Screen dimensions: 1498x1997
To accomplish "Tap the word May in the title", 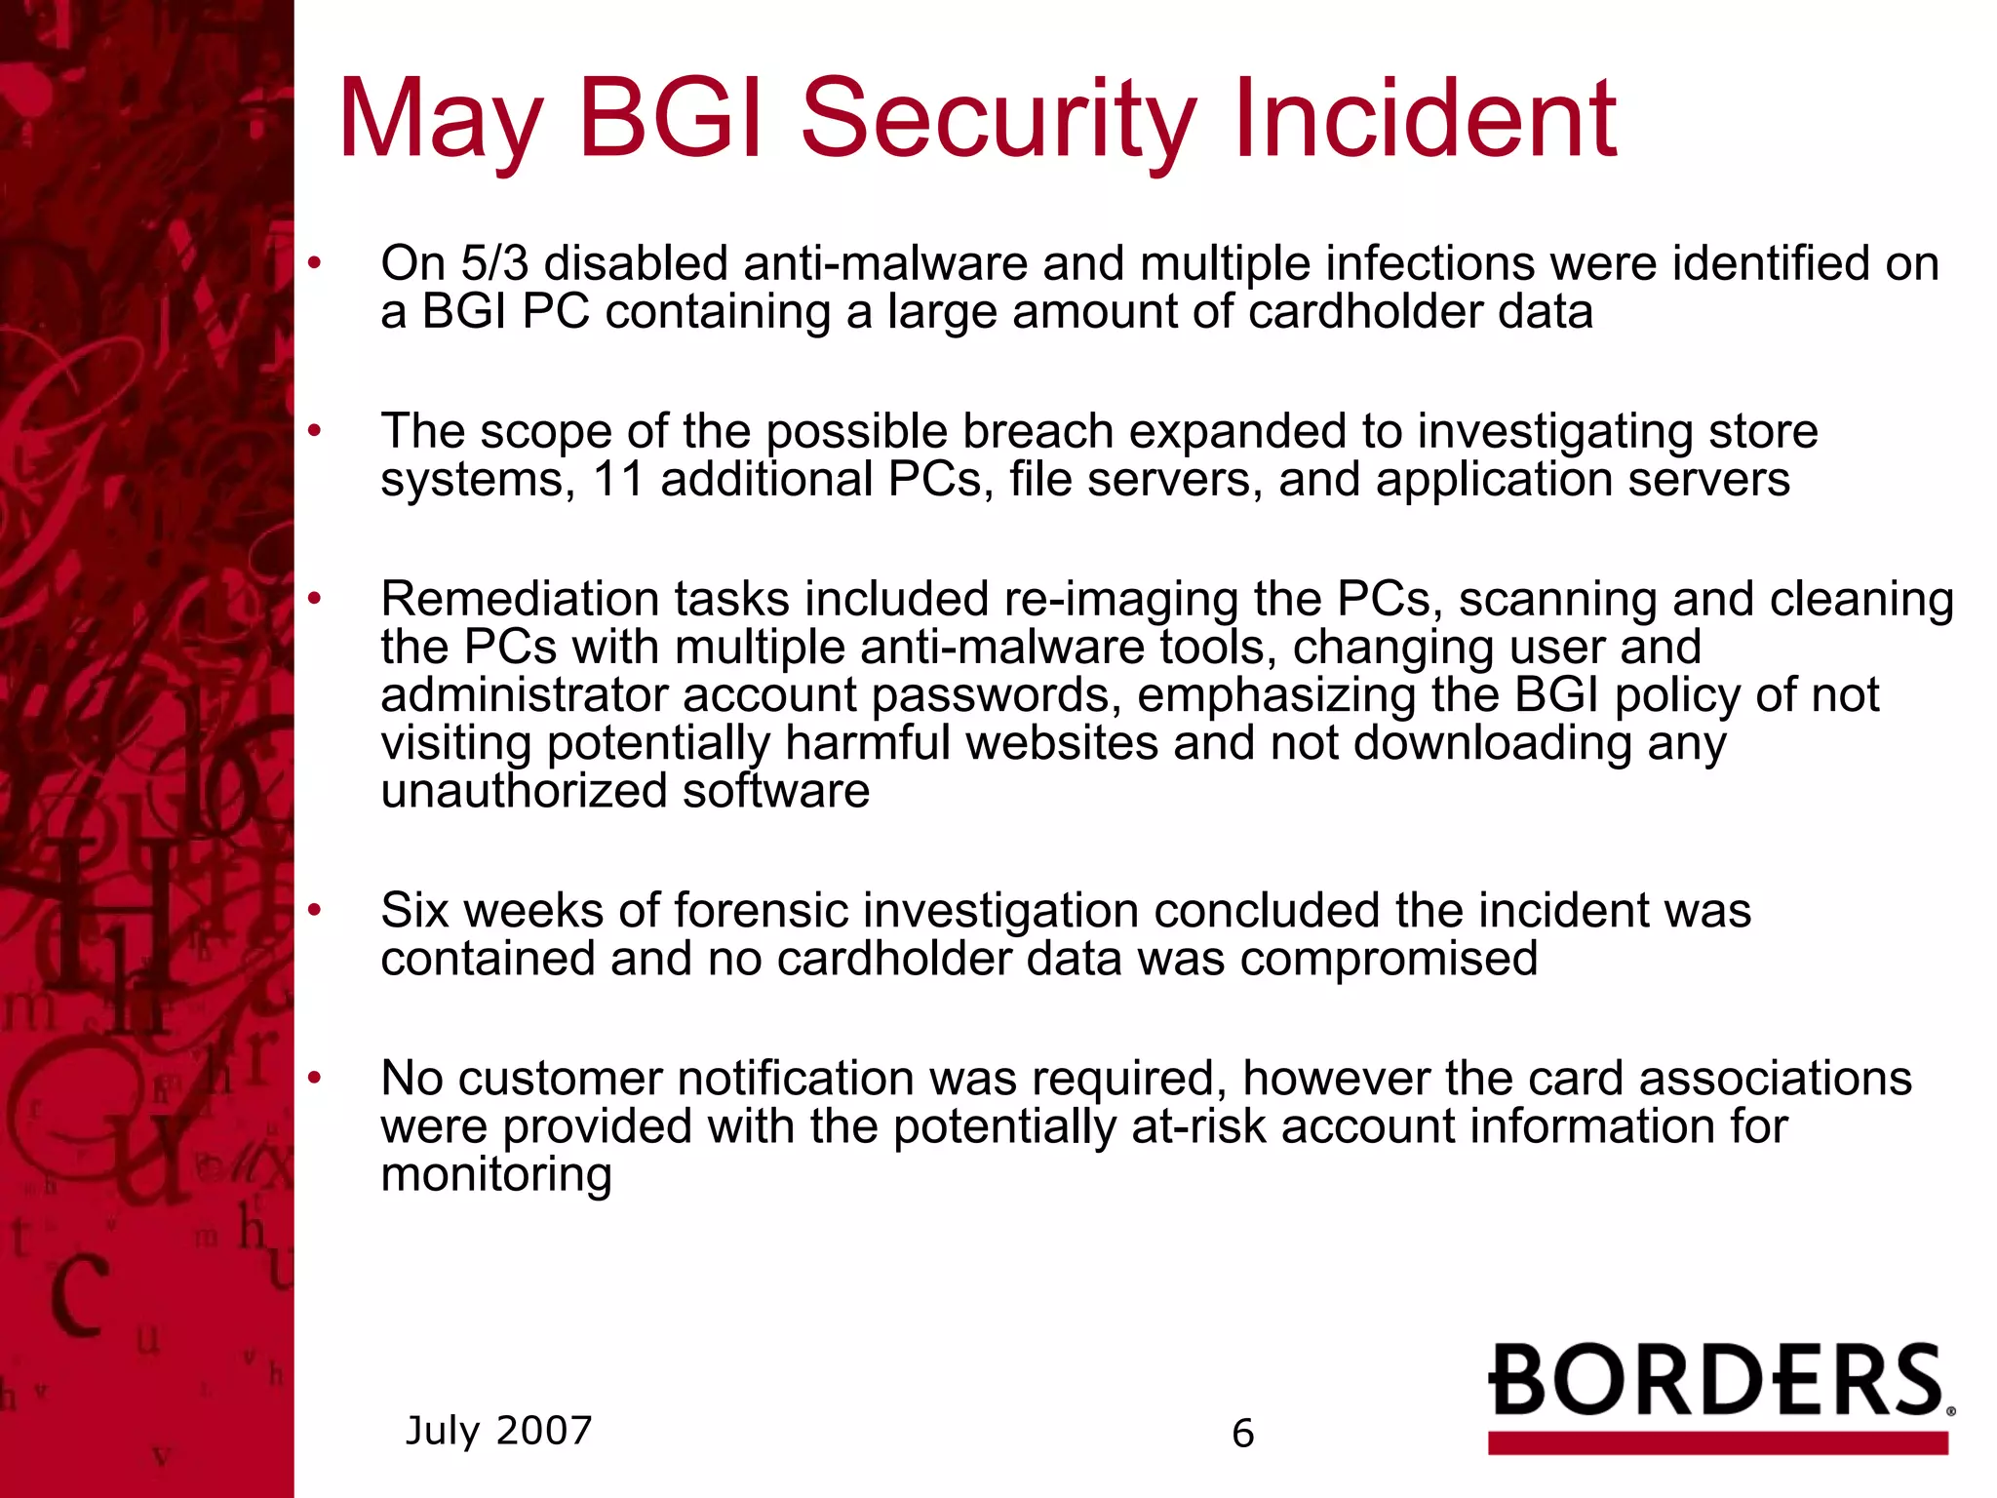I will pos(440,122).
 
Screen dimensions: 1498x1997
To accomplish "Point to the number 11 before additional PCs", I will pos(618,479).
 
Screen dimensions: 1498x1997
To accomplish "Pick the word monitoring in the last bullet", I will pos(495,1174).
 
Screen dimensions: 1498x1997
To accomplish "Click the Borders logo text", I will pos(1716,1380).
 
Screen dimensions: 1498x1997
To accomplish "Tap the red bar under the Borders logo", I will pos(1717,1443).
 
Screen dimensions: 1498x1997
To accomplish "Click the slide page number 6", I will pos(1242,1434).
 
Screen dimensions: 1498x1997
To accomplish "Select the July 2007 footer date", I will pos(498,1431).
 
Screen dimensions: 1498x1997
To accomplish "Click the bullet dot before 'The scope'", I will pos(314,430).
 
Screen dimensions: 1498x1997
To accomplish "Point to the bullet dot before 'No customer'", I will pos(314,1078).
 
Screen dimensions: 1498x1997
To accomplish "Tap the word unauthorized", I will pos(523,791).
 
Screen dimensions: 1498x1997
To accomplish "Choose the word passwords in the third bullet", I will pos(990,695).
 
